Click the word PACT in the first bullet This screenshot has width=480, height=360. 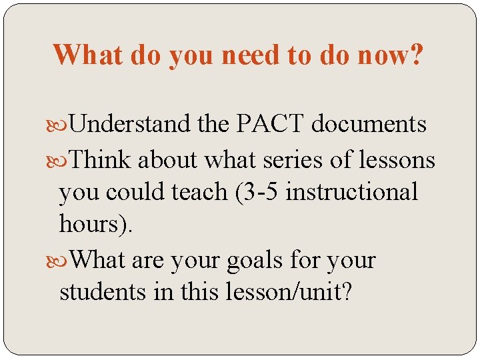[x=270, y=124]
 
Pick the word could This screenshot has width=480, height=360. [x=138, y=192]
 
